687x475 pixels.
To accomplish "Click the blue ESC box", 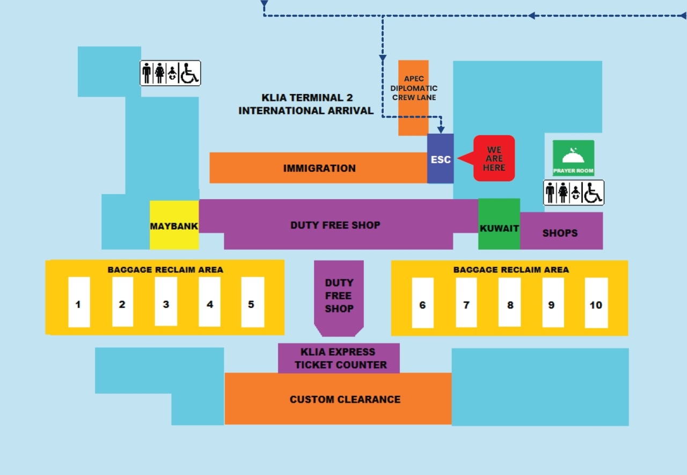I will [440, 159].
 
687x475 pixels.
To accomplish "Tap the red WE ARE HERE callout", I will [494, 158].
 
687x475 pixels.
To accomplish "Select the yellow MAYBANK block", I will [174, 225].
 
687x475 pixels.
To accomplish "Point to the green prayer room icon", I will [574, 158].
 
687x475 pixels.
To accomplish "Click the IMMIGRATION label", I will [319, 169].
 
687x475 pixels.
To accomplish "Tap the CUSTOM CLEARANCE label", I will [345, 399].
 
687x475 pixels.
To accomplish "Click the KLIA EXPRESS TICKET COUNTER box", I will [339, 358].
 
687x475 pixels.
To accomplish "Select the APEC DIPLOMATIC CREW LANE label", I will [414, 88].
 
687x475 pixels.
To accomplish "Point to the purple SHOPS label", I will [560, 233].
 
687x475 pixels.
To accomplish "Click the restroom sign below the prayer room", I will [574, 193].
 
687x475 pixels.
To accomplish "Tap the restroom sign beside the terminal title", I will [170, 73].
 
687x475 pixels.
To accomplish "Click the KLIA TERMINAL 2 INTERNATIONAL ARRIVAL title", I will [306, 104].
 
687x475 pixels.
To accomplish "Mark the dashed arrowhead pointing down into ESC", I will [441, 129].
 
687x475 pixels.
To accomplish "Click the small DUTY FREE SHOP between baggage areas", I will [339, 296].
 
